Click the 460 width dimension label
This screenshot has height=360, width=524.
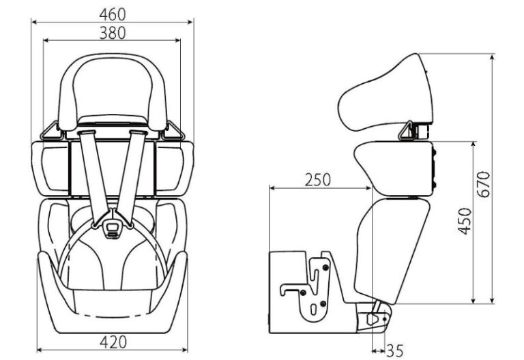click(x=112, y=13)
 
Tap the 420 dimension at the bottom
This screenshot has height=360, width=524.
click(x=112, y=342)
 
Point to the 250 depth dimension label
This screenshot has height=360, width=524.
click(x=317, y=179)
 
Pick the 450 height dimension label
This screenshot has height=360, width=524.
click(x=465, y=222)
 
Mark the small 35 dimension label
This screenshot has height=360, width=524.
click(x=395, y=351)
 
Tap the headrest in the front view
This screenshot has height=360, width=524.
click(x=113, y=89)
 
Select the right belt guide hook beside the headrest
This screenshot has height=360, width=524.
click(x=175, y=130)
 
